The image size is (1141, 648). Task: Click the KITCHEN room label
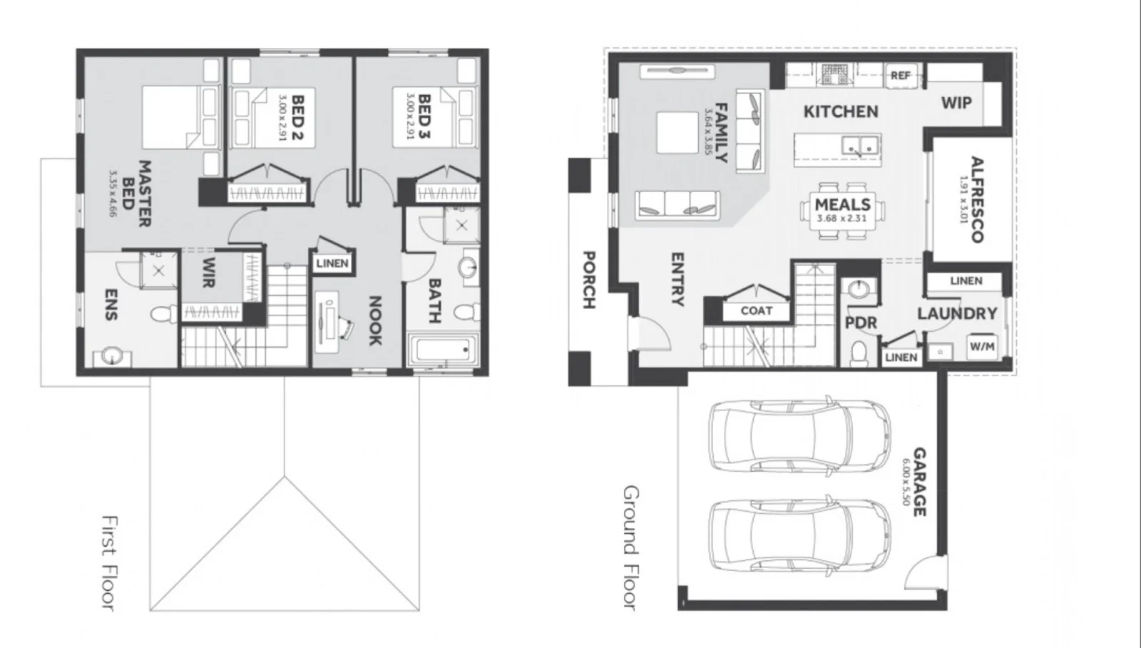point(841,111)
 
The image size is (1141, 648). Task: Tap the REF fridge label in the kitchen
point(901,75)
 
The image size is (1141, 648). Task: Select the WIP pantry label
point(956,103)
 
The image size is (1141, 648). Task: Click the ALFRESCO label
point(975,199)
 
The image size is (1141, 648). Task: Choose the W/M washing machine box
point(982,347)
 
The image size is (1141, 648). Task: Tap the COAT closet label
point(756,310)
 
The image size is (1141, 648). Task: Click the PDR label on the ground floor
point(861,323)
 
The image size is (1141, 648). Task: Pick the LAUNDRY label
point(957,313)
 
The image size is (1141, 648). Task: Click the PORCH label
point(589,279)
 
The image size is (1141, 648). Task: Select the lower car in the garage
point(799,535)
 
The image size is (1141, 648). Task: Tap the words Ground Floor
point(630,547)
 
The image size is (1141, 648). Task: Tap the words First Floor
point(108,562)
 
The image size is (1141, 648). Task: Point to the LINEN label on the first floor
point(332,263)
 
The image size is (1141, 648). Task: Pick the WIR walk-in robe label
point(208,273)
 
